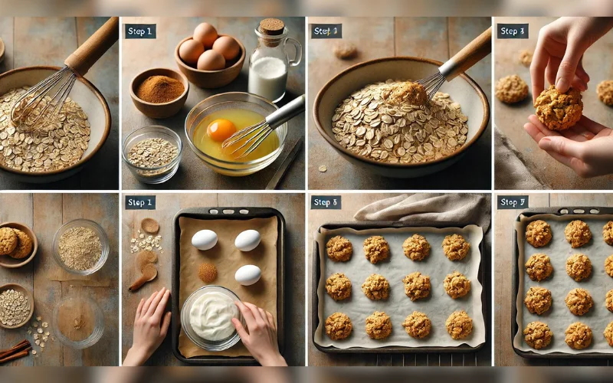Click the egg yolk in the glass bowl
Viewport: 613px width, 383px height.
tap(221, 129)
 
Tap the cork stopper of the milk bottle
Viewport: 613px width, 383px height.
tap(271, 28)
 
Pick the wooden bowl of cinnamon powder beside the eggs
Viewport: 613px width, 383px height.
tap(159, 92)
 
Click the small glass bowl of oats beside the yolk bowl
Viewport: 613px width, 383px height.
tap(152, 152)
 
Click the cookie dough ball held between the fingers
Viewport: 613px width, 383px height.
tap(558, 107)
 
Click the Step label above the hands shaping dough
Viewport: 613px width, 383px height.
tap(512, 31)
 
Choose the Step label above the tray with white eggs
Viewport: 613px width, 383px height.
tap(141, 202)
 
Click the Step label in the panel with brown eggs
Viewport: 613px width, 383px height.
tap(141, 31)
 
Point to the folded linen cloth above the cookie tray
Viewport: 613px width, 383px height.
tap(421, 208)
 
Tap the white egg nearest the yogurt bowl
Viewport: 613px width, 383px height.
tap(247, 274)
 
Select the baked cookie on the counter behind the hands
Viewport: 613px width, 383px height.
tap(512, 88)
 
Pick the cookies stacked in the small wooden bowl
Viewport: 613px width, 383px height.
tap(15, 242)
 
